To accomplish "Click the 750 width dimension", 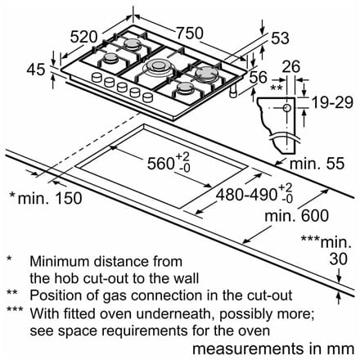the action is coord(190,33).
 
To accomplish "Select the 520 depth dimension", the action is coord(83,37).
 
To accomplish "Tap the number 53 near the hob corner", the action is coord(280,38).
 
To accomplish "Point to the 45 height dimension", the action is coord(35,70).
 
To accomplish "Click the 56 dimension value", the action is coord(259,77).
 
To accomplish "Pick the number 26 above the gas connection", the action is coord(291,67).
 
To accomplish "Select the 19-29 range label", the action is coord(332,102).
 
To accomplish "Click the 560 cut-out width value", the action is coord(160,164).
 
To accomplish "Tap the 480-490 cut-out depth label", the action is coord(246,195).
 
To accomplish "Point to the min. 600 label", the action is coord(297,216).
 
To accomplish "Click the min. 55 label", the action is coord(317,164).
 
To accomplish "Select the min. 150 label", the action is coord(50,198).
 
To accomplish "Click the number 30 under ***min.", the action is coord(338,259).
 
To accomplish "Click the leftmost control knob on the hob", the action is coord(97,77).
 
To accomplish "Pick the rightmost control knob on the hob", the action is coord(147,97).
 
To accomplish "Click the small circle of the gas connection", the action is coord(287,108).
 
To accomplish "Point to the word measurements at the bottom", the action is coord(248,349).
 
